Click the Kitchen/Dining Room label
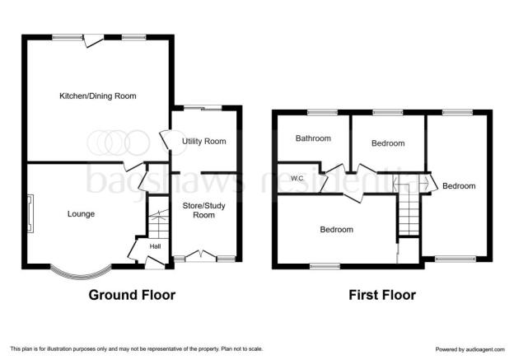(98, 96)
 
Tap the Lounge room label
(81, 214)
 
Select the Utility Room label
(204, 142)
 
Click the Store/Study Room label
(204, 210)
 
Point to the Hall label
(155, 246)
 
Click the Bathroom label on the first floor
(313, 138)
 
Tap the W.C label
(297, 179)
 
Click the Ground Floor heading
(132, 295)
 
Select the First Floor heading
(382, 295)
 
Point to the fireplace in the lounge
(30, 213)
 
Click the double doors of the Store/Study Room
(200, 255)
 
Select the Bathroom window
(323, 113)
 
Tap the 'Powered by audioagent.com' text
(470, 349)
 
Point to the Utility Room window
(203, 108)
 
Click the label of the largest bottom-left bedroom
(337, 230)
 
